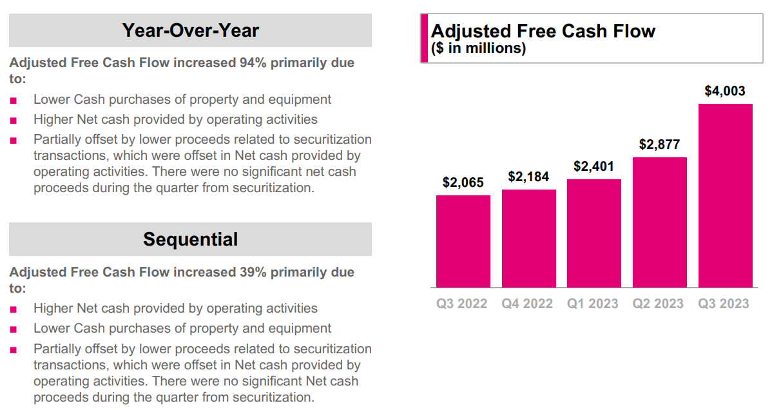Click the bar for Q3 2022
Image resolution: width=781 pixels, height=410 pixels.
click(463, 241)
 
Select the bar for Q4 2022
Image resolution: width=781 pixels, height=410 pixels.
click(528, 239)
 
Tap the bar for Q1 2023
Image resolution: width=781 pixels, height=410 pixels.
click(593, 233)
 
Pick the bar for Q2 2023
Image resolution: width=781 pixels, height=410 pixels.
click(659, 222)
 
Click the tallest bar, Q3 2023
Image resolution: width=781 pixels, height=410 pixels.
click(725, 195)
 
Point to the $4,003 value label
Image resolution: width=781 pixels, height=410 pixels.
click(725, 91)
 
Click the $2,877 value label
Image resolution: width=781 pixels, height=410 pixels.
click(659, 144)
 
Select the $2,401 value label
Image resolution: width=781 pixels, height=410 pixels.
click(593, 166)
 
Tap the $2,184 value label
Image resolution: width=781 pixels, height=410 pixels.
click(528, 177)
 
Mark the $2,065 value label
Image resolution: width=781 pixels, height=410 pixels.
click(463, 182)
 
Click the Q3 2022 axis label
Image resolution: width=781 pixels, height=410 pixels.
click(462, 304)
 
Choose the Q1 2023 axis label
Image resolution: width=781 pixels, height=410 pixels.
click(593, 304)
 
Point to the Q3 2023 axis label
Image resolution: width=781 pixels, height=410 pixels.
click(724, 304)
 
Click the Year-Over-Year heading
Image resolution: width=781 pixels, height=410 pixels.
click(191, 30)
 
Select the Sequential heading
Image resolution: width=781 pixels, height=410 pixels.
click(191, 239)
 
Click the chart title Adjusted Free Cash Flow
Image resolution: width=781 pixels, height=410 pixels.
click(543, 31)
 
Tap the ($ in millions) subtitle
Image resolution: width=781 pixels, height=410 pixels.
click(478, 48)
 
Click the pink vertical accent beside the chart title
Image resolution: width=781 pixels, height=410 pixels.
click(424, 39)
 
